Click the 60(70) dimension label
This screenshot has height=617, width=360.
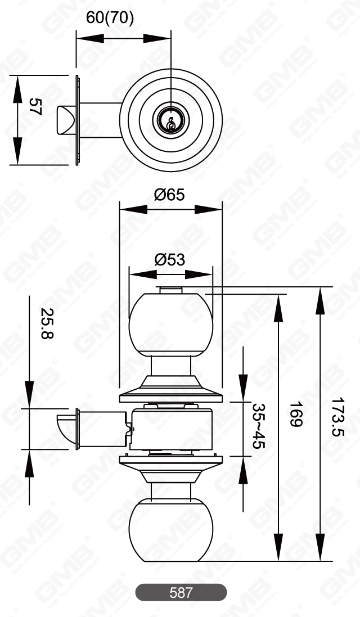click(x=110, y=18)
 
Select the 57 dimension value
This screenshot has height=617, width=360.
click(x=35, y=107)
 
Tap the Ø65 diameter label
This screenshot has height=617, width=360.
click(x=169, y=195)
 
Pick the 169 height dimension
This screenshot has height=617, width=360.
click(x=296, y=415)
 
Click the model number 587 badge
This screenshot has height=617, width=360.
click(x=181, y=592)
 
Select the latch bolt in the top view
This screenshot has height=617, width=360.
click(x=64, y=120)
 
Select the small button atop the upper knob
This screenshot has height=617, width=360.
click(x=170, y=290)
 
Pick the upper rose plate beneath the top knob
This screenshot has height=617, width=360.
click(x=170, y=394)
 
